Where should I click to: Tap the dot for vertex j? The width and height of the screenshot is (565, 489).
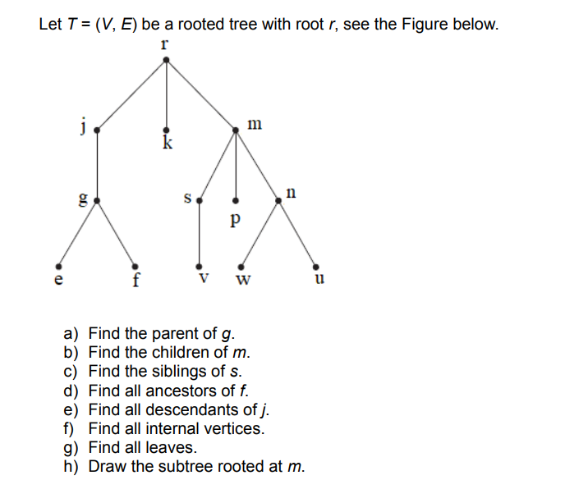point(97,130)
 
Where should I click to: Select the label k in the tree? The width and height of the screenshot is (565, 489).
point(168,144)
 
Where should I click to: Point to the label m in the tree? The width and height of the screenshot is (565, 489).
point(255,124)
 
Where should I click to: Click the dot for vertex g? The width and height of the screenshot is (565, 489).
point(97,199)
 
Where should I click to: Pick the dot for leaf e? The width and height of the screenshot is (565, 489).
point(56,266)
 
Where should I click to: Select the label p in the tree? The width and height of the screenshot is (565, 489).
point(237,220)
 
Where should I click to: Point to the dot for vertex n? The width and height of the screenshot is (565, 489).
point(279,199)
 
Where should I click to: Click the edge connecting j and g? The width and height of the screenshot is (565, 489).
point(97,164)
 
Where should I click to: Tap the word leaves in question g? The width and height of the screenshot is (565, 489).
point(173,448)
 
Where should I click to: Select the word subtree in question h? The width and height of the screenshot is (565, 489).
point(186,467)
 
